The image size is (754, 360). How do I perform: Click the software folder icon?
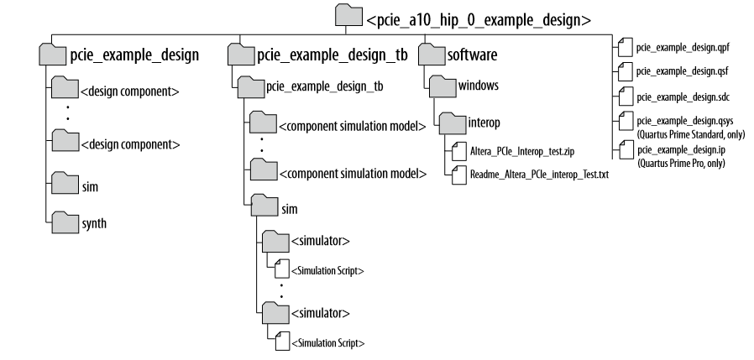click(x=430, y=55)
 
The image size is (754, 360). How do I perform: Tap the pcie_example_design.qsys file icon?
click(x=623, y=120)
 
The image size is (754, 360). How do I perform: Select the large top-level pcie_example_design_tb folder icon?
click(x=239, y=55)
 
